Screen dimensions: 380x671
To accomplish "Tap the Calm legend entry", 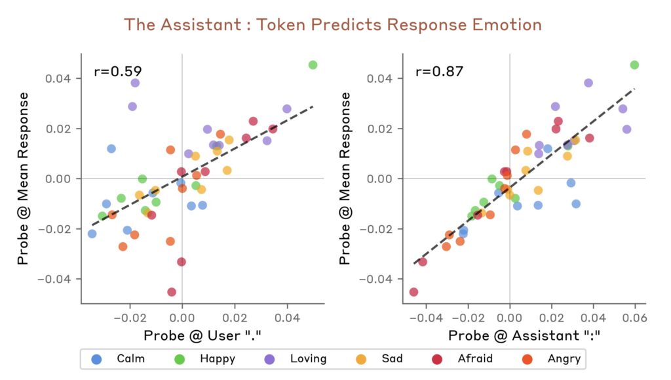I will (x=121, y=358).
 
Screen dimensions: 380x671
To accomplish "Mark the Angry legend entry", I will (x=554, y=358).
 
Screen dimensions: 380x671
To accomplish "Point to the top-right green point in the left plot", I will (x=313, y=65).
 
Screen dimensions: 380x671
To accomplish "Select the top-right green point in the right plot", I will (x=634, y=65).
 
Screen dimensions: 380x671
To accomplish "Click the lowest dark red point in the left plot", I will (x=172, y=292).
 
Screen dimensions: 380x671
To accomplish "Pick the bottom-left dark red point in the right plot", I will (x=413, y=292).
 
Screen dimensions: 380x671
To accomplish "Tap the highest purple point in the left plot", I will (x=135, y=83).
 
